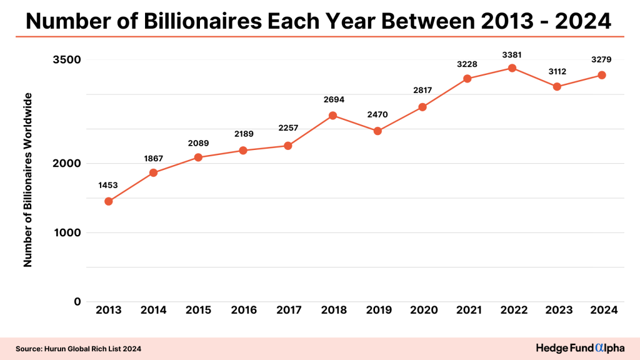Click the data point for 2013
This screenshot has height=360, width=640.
click(108, 201)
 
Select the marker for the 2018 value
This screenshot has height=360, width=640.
click(332, 116)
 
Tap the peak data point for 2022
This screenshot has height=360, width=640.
click(512, 68)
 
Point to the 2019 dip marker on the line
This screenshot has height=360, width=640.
click(377, 131)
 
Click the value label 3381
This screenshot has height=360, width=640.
click(512, 55)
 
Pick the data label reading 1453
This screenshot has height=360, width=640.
click(108, 186)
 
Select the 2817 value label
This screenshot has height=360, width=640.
click(422, 91)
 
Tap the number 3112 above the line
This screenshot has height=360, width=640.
click(556, 71)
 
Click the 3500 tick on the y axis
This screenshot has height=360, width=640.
click(66, 60)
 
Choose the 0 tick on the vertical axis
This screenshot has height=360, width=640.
click(77, 302)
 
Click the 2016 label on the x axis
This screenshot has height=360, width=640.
click(243, 310)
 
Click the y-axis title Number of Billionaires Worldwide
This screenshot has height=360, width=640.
click(27, 180)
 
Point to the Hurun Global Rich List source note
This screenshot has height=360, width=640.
click(78, 348)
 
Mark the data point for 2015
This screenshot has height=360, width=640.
click(198, 157)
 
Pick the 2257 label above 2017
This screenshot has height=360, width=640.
click(288, 128)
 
